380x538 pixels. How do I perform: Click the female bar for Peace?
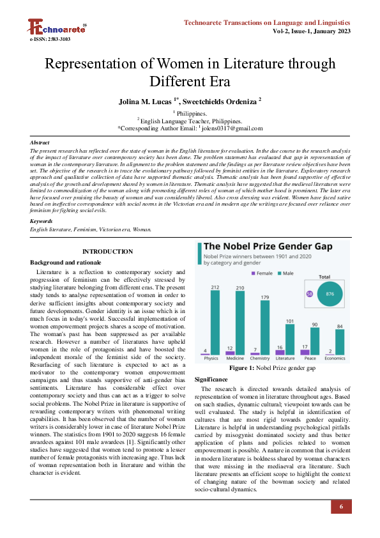[305, 352]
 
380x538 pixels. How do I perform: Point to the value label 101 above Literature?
[289, 320]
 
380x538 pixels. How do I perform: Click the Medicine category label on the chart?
[235, 358]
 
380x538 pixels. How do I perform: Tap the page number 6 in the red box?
[341, 507]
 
